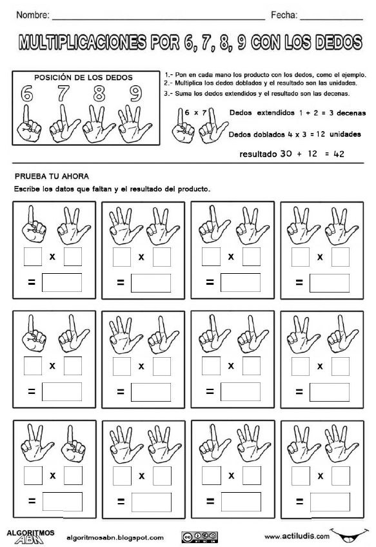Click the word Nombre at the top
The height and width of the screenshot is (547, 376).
(x=30, y=14)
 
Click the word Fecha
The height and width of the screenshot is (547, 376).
(x=283, y=14)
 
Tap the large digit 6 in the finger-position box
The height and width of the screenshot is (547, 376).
(x=26, y=94)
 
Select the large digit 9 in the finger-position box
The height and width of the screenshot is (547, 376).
(x=135, y=94)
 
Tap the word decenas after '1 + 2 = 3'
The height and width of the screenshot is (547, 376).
(x=350, y=112)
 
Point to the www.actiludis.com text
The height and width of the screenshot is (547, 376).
(x=296, y=536)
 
